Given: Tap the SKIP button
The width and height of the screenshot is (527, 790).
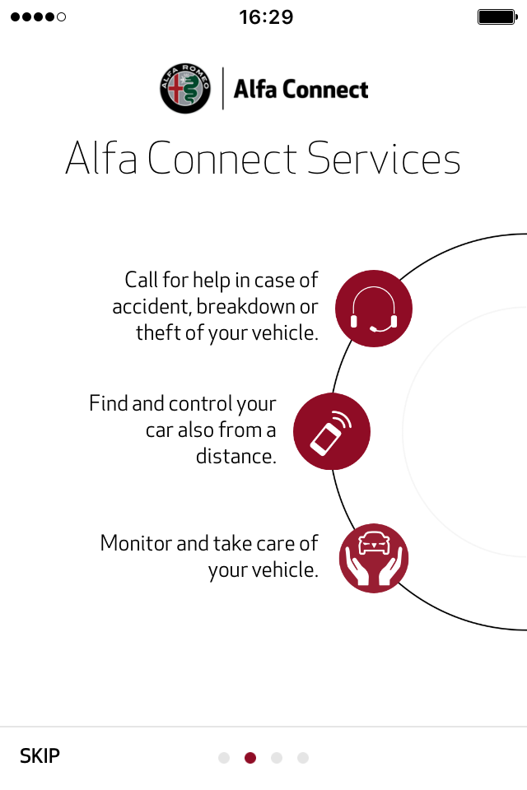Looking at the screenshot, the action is point(40,755).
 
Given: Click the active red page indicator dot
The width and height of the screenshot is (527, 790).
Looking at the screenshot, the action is point(250,758).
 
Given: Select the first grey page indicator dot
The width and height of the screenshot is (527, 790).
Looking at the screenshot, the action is point(224,758).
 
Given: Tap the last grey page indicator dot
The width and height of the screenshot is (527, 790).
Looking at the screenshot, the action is point(302,758).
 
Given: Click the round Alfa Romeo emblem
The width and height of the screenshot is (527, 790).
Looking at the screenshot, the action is point(185,89).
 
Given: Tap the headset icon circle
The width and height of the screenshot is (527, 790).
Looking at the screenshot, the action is point(374,309).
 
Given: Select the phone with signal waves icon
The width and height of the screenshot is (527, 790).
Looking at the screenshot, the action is point(332,431).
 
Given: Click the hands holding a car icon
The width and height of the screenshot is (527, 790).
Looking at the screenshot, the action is point(374,558).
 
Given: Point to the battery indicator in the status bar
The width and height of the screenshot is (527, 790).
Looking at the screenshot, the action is point(497,17).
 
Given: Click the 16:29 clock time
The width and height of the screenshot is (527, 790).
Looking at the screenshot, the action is point(266,17).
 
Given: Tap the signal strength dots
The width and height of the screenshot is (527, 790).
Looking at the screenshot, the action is point(39,17).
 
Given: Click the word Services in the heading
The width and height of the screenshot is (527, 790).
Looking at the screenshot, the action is point(384,158).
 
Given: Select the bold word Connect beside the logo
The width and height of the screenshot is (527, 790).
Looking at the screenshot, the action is point(325,90).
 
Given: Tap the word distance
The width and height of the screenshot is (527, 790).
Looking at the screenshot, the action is point(236,456).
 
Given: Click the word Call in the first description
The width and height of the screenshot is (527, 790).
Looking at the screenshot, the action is point(141,280).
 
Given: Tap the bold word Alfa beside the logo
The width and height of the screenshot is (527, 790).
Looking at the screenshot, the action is point(255,89).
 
